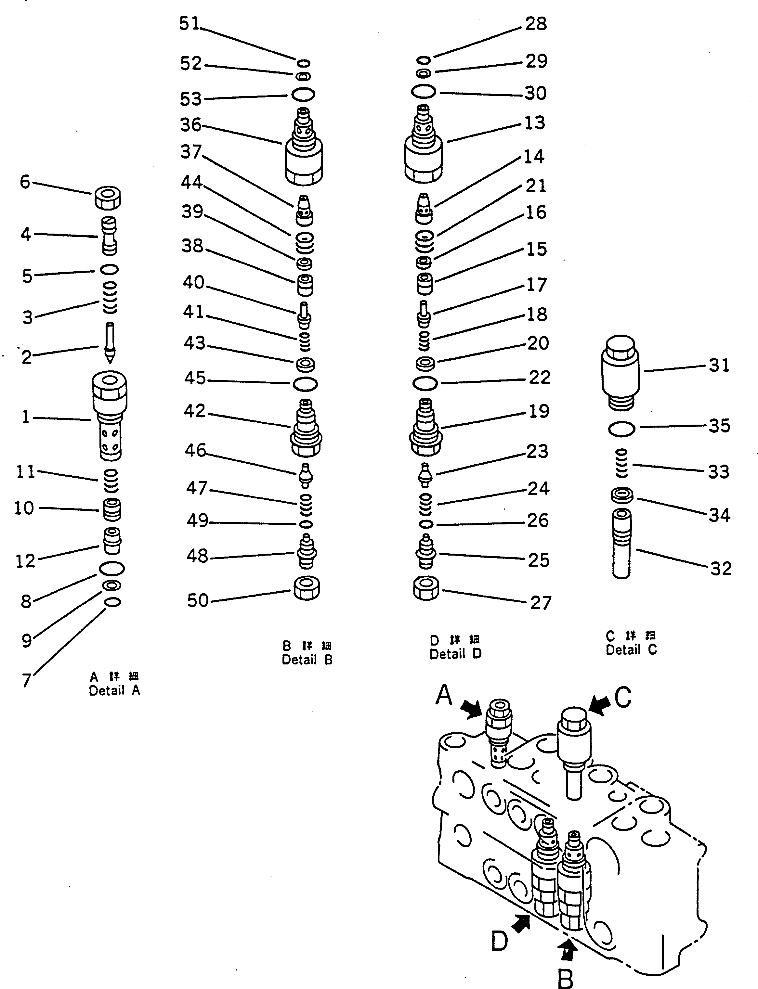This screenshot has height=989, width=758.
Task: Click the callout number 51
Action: tap(189, 23)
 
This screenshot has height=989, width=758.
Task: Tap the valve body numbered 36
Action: tap(304, 149)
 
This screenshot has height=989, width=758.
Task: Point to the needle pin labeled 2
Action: tap(110, 343)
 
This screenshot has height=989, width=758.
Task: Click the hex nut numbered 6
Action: tap(108, 198)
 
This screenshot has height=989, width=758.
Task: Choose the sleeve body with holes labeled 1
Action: tap(110, 415)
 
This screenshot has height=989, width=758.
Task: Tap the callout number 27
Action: tap(541, 603)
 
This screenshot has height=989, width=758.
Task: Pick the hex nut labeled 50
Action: tap(307, 588)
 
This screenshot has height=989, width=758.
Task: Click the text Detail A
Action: tap(115, 690)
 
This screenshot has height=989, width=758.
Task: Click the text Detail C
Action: tap(631, 650)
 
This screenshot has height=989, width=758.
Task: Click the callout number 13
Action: tap(535, 123)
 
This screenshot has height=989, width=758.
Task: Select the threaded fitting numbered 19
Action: tap(426, 429)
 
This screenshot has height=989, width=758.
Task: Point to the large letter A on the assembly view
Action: tap(444, 695)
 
